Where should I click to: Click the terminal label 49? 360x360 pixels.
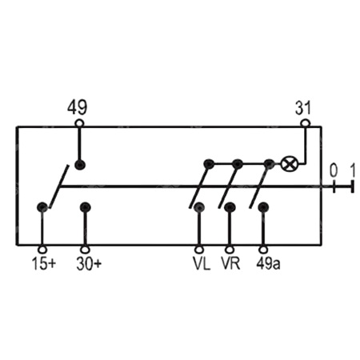77,108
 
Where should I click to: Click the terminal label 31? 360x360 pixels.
303,109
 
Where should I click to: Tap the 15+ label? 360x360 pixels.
44,264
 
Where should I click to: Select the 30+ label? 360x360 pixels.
89,264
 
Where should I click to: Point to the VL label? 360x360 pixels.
202,264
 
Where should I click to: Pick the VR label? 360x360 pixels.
230,264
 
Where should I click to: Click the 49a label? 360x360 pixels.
268,264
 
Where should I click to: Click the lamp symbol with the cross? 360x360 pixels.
290,164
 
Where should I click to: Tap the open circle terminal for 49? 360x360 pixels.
80,123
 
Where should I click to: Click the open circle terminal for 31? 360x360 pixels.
306,123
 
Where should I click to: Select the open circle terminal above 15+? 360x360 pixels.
42,250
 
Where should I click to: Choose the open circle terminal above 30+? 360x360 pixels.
85,250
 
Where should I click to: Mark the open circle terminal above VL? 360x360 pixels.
199,250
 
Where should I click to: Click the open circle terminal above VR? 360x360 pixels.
230,250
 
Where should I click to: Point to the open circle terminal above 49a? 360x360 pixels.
263,250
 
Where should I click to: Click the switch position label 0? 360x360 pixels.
334,171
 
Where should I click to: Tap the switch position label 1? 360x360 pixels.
353,171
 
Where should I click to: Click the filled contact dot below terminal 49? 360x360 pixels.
80,165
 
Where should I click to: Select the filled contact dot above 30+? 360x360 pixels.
86,207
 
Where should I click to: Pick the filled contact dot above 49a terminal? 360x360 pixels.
263,207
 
